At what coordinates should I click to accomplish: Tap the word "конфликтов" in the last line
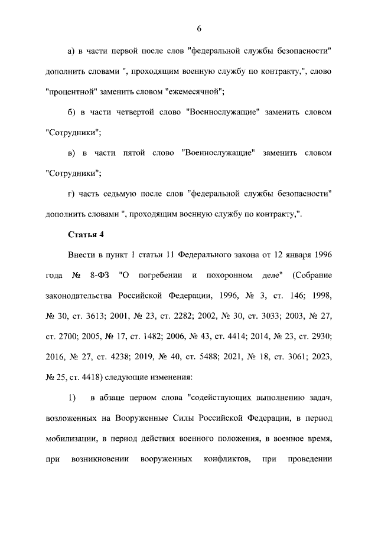click(224, 459)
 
